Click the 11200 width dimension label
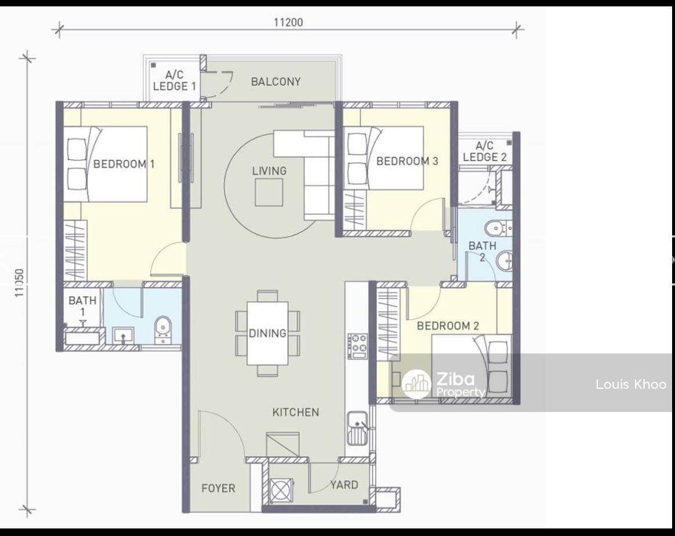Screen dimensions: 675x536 click(288, 22)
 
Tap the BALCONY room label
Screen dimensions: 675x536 click(276, 81)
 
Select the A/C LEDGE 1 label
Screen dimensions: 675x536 click(175, 81)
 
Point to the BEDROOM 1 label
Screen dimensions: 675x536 click(124, 164)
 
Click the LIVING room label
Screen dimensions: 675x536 click(270, 171)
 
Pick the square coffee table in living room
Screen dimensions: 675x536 click(269, 192)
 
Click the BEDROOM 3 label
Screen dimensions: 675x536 click(407, 161)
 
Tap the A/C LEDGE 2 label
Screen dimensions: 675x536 click(485, 151)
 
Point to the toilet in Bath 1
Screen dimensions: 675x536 click(163, 330)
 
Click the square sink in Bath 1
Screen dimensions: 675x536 click(124, 336)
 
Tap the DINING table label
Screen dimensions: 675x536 click(267, 333)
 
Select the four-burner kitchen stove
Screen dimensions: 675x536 click(357, 346)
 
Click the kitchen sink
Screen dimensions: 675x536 click(357, 428)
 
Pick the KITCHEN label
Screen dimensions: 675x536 click(296, 412)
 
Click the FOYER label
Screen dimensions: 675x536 click(218, 488)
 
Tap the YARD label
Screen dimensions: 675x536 click(344, 485)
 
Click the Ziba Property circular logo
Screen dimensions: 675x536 click(416, 384)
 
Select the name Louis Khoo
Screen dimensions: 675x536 click(631, 384)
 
